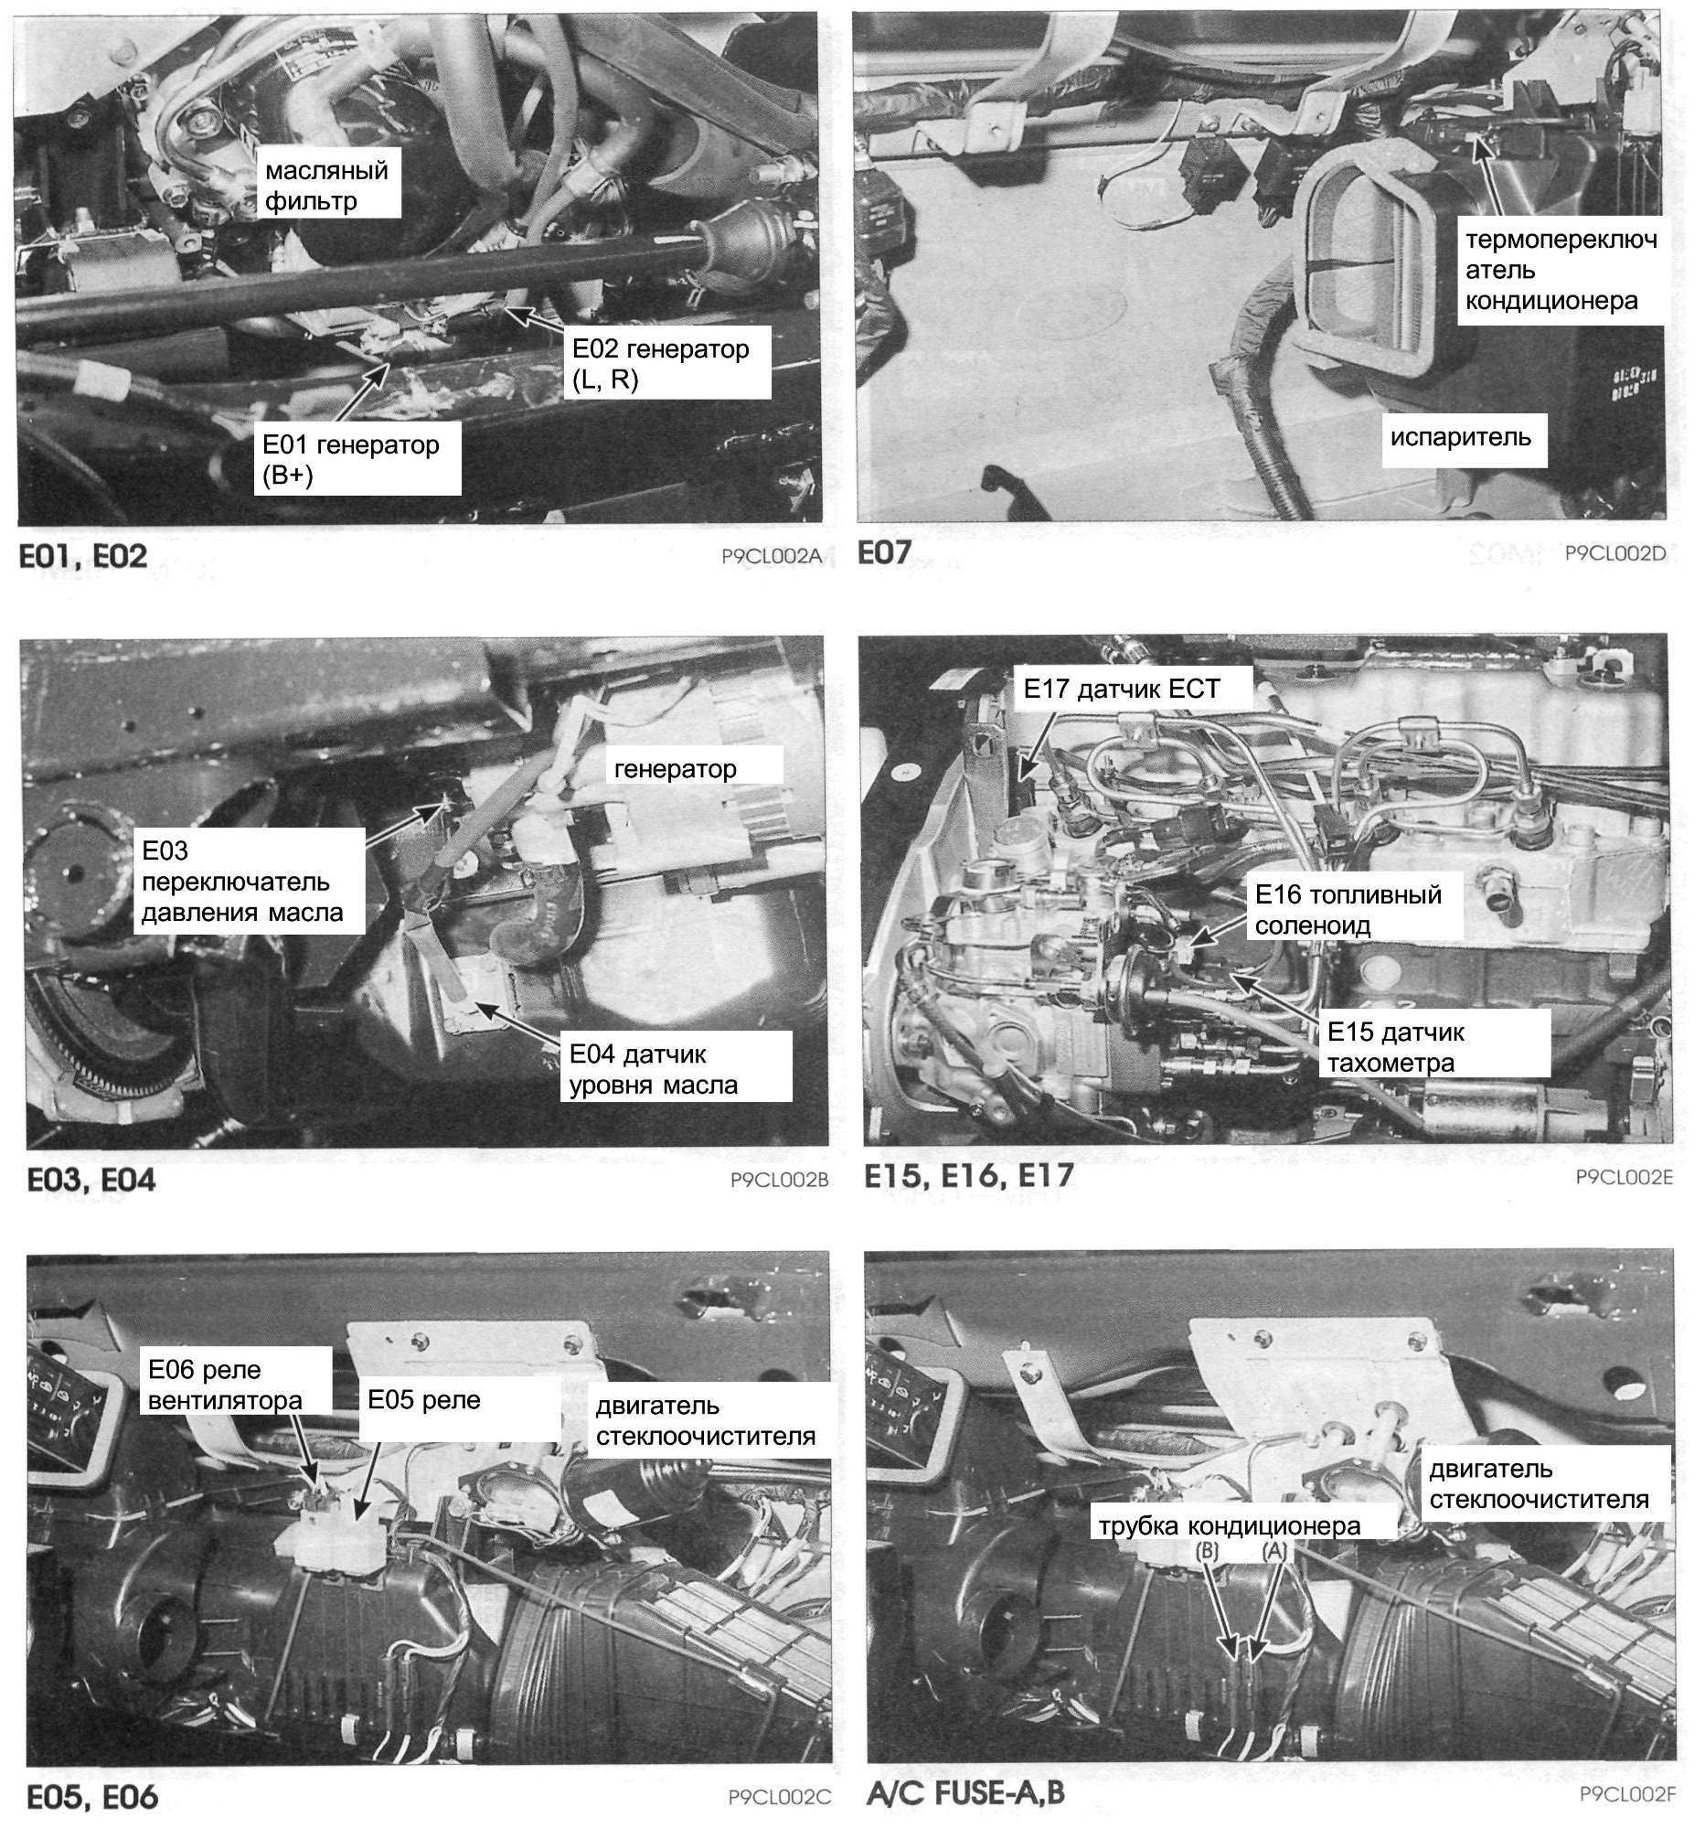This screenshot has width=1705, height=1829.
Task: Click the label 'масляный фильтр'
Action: coord(326,185)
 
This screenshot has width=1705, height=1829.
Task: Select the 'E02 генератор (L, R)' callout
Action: coord(660,363)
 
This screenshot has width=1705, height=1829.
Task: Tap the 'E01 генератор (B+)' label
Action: coord(350,459)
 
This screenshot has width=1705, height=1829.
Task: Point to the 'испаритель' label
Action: coord(1460,436)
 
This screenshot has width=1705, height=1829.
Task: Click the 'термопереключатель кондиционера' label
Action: coord(1561,270)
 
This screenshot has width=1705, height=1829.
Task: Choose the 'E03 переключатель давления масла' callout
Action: coord(242,882)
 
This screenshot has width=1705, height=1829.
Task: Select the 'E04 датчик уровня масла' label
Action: coord(653,1069)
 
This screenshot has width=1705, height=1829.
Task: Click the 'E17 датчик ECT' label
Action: coord(1121,689)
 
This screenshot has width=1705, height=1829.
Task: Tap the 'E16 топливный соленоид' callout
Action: coord(1348,909)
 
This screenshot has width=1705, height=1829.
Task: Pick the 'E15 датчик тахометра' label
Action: coord(1395,1047)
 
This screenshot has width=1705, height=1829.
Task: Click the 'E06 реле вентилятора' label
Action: coord(224,1385)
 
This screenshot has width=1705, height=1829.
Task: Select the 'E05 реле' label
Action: coord(424,1399)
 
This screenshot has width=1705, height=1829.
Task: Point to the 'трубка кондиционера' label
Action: coord(1229,1525)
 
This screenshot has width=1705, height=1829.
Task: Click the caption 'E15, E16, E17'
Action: coord(968,1175)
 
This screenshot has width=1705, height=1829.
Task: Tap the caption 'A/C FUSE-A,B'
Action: coord(964,1792)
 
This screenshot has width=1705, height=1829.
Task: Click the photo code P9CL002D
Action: coord(1614,552)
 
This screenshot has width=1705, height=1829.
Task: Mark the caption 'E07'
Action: coord(885,552)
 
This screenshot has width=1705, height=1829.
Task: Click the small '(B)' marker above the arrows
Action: coord(1208,1550)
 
